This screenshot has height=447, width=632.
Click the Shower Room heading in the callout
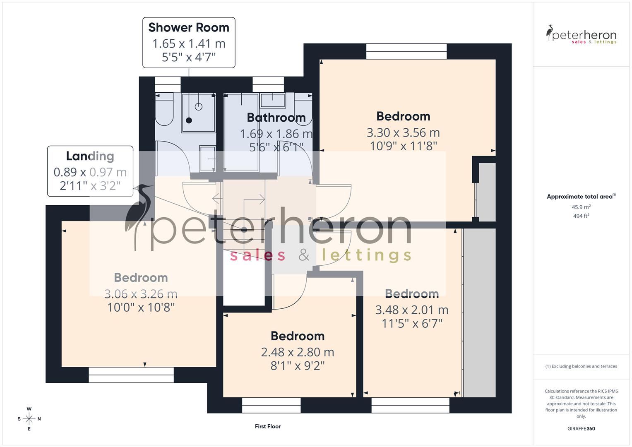point(189,27)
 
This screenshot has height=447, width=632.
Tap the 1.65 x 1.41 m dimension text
point(189,43)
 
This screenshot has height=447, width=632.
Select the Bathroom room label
point(276,118)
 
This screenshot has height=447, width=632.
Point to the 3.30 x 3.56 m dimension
point(403,133)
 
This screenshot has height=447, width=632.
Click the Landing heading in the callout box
point(90,156)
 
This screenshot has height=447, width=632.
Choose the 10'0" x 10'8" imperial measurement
point(141,308)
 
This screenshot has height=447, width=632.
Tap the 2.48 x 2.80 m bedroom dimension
point(297,352)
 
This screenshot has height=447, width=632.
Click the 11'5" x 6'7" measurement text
point(412,323)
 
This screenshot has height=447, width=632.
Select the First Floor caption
point(268,426)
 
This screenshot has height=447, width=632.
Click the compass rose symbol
point(29,419)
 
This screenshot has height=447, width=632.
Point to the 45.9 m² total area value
point(581,207)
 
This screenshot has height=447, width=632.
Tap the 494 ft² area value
point(581,216)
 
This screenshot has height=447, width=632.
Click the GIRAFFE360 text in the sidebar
point(581,428)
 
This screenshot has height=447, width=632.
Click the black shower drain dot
point(189,120)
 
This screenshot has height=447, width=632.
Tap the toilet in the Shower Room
point(164,110)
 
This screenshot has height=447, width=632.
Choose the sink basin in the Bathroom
point(272,101)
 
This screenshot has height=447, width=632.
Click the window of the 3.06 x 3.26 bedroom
point(131,375)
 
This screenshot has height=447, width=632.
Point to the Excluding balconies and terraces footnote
point(581,366)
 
